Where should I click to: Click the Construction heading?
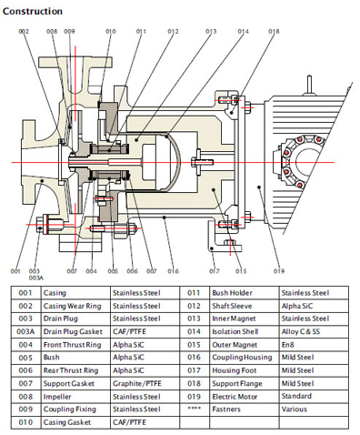click(33, 12)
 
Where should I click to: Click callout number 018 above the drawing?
click(274, 31)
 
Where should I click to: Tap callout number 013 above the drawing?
click(211, 31)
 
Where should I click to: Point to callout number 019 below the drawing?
click(279, 271)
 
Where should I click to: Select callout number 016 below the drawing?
click(173, 271)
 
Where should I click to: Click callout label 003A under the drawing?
click(36, 278)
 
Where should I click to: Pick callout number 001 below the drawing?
click(15, 271)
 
